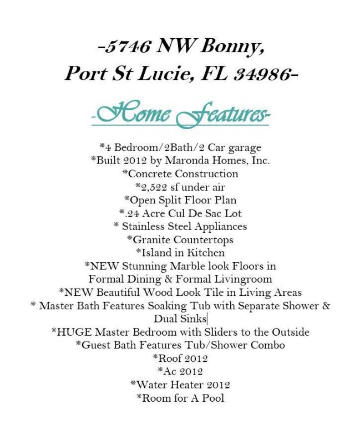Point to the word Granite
pyautogui.click(x=151, y=239)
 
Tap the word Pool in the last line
pyautogui.click(x=214, y=398)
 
